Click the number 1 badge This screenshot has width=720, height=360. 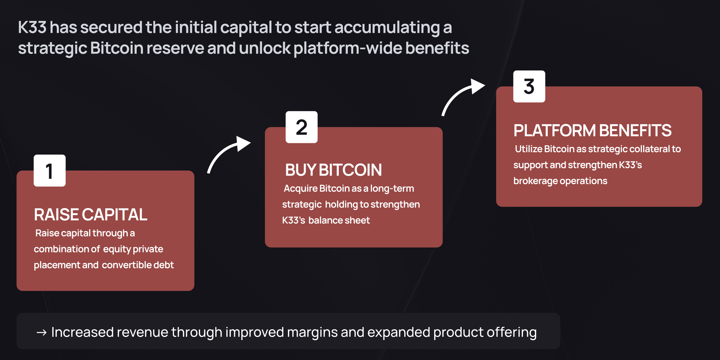[50, 170]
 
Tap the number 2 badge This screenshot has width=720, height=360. [301, 127]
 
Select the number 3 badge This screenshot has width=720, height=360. [529, 86]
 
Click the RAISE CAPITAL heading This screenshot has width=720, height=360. [91, 214]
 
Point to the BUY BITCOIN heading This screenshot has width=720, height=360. [333, 170]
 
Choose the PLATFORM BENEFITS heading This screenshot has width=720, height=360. [593, 130]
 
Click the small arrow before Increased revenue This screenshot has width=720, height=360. [42, 332]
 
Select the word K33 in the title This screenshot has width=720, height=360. [32, 27]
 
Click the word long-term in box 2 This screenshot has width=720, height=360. [392, 189]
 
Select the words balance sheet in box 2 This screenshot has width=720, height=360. [339, 220]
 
